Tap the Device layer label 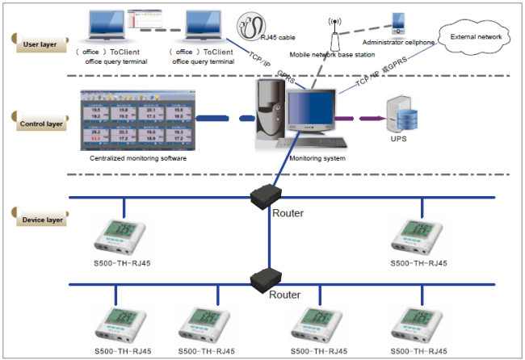[40, 218]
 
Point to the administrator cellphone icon [397, 23]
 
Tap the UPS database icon [401, 115]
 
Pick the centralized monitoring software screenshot [136, 121]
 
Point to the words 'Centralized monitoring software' [137, 158]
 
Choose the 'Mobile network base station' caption [331, 54]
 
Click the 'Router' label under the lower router [285, 295]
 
